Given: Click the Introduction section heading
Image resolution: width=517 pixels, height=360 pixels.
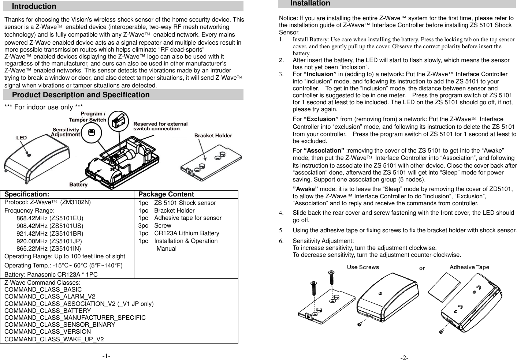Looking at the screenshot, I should coord(34,6).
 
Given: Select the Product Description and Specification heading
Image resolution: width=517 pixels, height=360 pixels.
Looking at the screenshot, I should coord(81,95).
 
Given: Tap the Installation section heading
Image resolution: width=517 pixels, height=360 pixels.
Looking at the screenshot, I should coord(310,3).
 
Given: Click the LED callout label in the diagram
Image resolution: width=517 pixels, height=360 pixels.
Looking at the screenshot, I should coord(21,138).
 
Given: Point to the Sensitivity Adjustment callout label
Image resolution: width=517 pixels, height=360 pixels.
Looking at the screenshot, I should coord(66,132).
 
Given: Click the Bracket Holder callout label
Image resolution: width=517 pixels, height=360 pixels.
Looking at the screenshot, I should coord(213,135).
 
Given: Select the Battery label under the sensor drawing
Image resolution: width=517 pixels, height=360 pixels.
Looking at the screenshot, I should coord(78,185).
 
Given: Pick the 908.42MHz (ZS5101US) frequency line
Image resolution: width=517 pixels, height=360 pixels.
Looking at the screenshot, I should coord(50,226).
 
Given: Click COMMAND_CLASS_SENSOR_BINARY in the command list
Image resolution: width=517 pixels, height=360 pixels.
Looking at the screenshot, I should coord(60,325).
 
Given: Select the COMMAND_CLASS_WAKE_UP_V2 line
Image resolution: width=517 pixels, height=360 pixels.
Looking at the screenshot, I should coord(54,339).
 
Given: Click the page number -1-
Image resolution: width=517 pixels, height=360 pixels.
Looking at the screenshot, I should coord(107,356).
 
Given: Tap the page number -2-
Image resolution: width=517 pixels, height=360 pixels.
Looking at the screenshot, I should coord(404,357).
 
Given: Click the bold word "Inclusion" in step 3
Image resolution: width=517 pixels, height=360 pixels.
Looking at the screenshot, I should coord(320,74).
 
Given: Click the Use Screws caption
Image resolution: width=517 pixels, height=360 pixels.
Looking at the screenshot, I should coord(363,267).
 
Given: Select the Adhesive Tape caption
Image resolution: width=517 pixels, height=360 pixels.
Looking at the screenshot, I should coord(469,267).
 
